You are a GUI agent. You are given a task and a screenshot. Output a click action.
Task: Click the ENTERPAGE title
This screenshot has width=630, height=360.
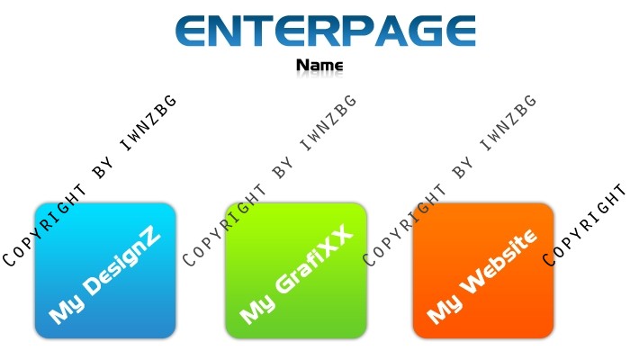(326, 31)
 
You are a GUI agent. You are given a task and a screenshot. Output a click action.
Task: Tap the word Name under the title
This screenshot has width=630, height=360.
(319, 65)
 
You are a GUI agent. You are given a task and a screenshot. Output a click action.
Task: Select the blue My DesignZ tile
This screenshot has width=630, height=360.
(105, 270)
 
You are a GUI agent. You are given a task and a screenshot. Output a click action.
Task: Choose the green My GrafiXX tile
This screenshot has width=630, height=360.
(296, 270)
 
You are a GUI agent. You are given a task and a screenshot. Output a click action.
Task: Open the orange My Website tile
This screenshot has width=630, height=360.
(483, 270)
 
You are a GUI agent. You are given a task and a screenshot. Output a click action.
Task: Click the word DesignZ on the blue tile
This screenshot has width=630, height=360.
(122, 263)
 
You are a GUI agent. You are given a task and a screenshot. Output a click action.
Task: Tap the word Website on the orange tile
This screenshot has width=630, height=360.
(499, 261)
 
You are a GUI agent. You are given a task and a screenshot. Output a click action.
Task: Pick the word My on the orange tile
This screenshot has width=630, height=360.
(445, 309)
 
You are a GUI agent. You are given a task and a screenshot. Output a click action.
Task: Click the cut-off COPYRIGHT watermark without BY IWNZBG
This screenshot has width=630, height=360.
(585, 225)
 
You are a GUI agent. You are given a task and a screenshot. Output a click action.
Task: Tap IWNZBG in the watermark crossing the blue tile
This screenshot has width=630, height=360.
(148, 122)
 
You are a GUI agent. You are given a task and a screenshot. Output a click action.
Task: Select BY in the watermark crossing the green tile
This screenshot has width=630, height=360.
(283, 168)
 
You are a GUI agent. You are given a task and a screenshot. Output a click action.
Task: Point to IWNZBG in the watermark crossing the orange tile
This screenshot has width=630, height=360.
(508, 122)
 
